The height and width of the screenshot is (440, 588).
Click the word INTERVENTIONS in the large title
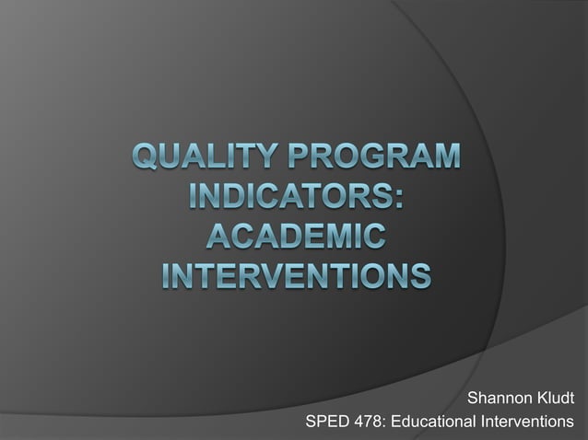click(294, 274)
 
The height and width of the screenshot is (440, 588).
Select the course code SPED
click(326, 422)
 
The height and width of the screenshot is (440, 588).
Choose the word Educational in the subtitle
click(433, 422)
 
